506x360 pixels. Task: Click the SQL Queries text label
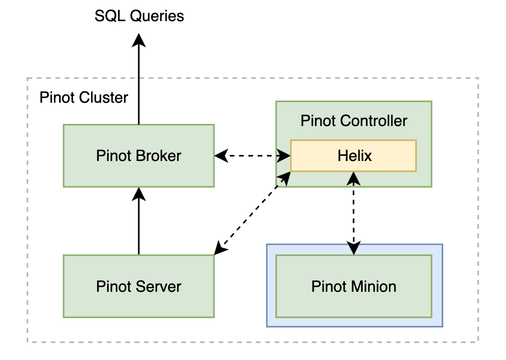139,16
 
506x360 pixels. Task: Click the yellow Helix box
354,155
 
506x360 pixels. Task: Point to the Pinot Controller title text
354,121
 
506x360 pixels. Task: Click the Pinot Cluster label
84,98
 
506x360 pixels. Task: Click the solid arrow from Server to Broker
139,224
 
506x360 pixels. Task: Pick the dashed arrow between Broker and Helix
253,155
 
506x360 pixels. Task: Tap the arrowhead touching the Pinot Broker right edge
221,155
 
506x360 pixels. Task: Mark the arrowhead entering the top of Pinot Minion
354,249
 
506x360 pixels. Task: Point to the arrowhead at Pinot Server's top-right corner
220,249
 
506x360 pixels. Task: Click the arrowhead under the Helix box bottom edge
354,177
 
